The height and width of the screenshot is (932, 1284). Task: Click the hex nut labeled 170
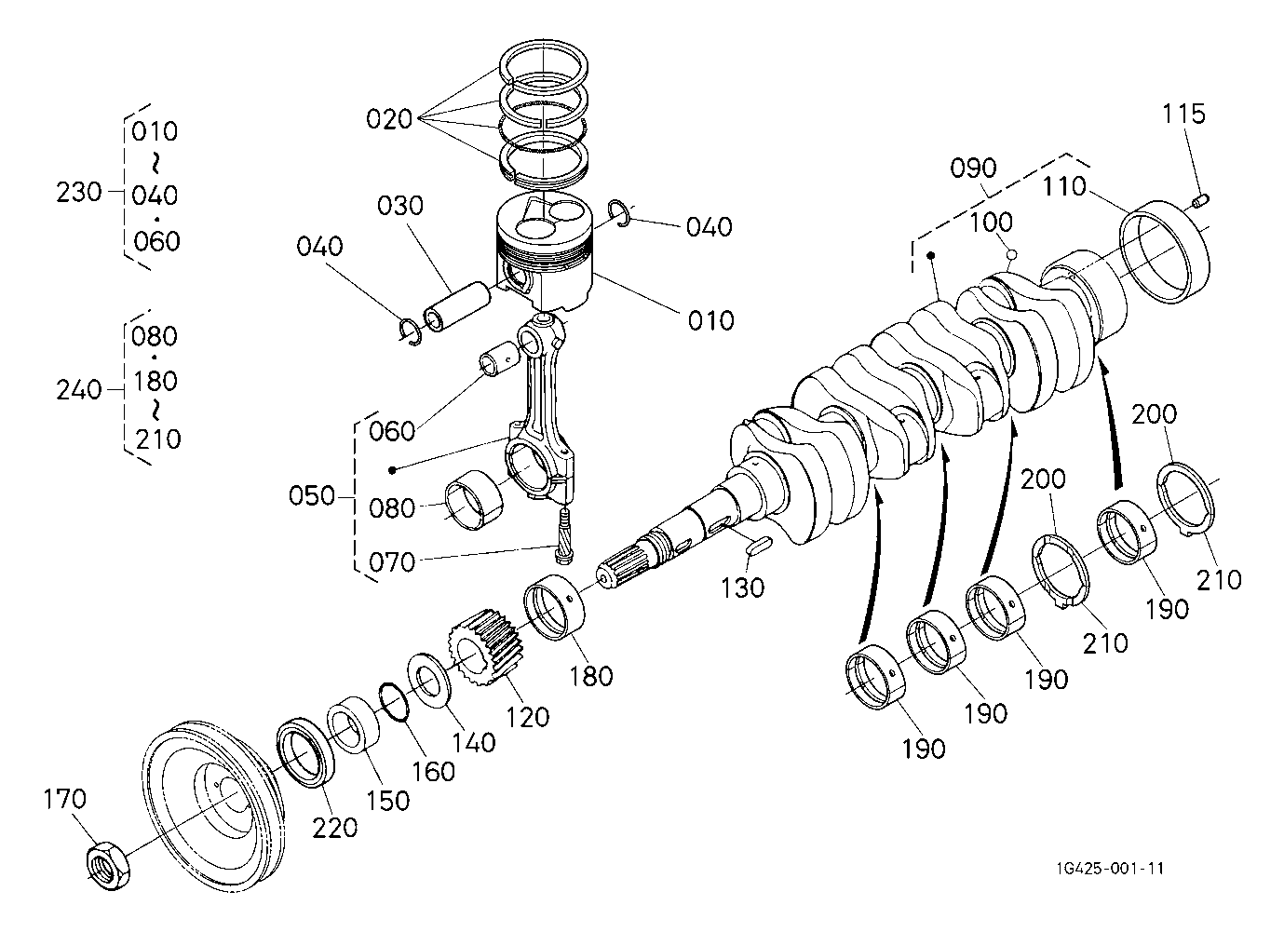[108, 865]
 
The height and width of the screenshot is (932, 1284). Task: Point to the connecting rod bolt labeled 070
[563, 534]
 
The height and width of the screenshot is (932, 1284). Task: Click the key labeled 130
[759, 545]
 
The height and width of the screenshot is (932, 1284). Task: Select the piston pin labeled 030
[457, 306]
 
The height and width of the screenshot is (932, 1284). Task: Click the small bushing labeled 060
[499, 358]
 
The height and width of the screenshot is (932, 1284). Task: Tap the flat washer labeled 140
[428, 680]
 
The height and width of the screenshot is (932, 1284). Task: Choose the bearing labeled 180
[554, 607]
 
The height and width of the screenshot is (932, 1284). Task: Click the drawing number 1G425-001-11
[1110, 869]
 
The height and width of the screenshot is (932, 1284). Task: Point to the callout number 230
[78, 192]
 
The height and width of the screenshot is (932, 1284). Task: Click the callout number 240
[78, 390]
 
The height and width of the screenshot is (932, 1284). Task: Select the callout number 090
[973, 168]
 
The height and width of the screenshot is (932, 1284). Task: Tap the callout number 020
[389, 119]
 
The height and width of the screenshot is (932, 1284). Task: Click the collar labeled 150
[353, 724]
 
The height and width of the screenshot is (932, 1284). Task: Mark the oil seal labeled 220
[306, 751]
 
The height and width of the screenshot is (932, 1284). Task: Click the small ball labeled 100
[1012, 253]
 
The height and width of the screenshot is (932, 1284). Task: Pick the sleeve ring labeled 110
[1165, 252]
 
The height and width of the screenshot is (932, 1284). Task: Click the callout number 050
[312, 496]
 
